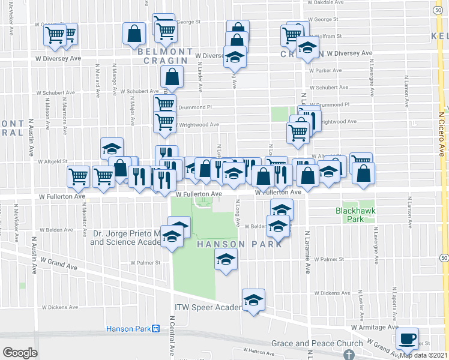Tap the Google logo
(20, 352)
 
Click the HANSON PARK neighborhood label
(229, 244)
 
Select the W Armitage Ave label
(375, 328)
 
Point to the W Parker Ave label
(325, 70)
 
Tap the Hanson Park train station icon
(155, 329)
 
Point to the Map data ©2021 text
(424, 355)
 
